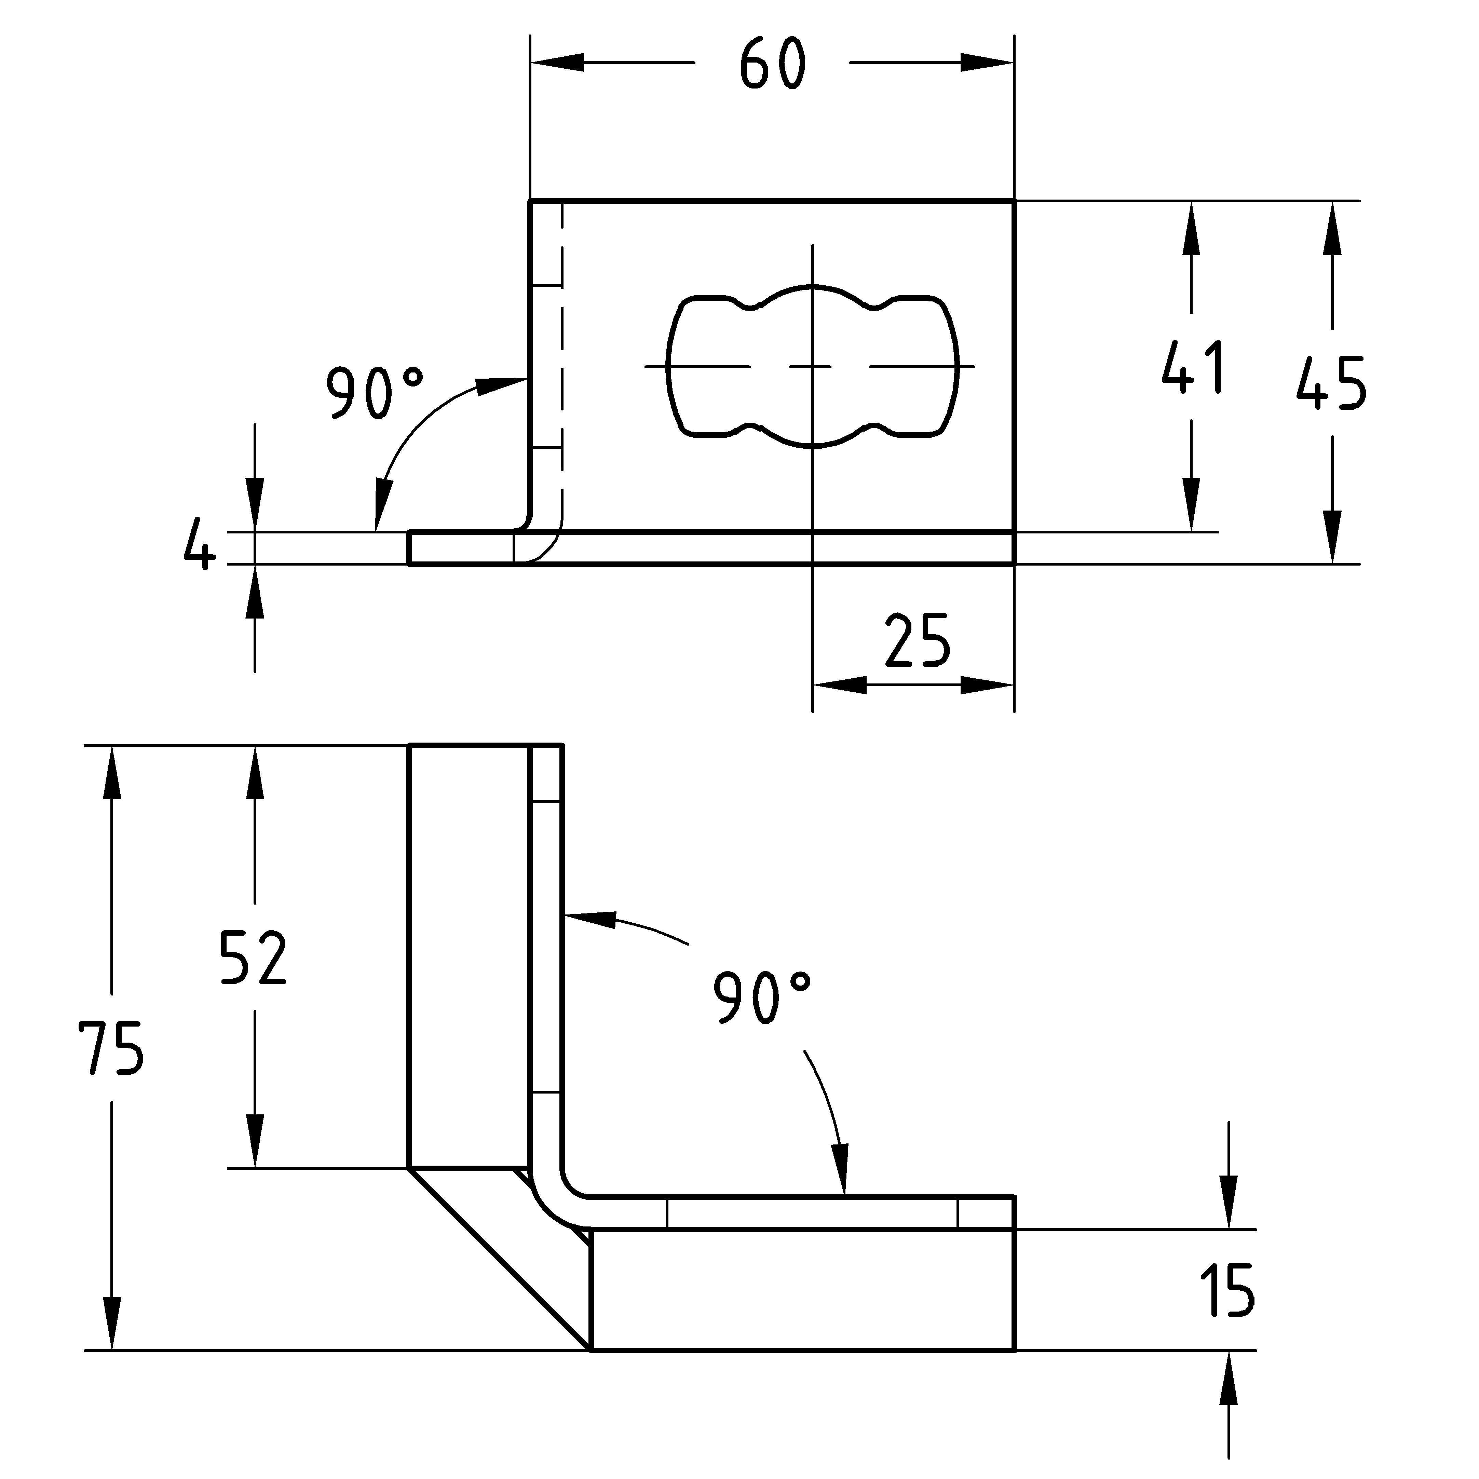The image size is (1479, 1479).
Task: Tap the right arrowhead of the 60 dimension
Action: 988,63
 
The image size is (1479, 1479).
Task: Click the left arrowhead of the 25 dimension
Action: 838,686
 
